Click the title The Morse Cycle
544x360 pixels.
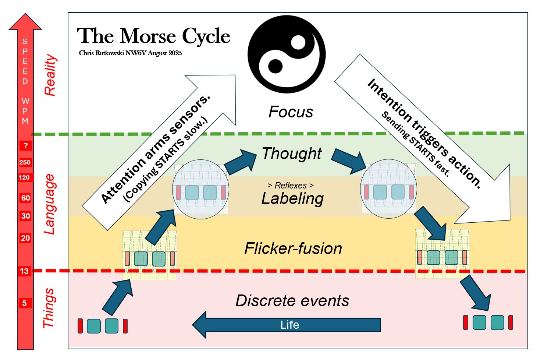pos(153,36)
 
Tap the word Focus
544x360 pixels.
pos(291,112)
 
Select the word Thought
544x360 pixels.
pos(292,153)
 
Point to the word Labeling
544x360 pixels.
pos(292,199)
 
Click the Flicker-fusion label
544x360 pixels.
pos(293,248)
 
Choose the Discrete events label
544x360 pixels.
pos(292,301)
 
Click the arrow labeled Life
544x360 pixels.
pos(287,325)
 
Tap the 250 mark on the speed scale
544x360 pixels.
pos(25,162)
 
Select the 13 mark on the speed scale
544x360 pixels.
pos(24,271)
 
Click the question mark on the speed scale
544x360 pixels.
pos(25,145)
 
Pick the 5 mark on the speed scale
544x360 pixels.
pos(25,303)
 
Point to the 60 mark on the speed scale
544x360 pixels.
pos(25,198)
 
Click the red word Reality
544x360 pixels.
pos(50,75)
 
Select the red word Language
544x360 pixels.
pos(49,204)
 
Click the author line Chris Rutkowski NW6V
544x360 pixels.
pos(130,53)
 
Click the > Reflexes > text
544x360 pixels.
pos(291,186)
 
